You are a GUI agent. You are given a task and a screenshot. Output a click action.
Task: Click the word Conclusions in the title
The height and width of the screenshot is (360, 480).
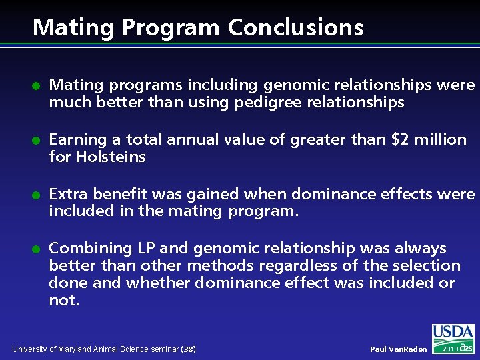pos(295,27)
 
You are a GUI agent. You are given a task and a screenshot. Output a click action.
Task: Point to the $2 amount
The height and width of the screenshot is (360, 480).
pos(401,140)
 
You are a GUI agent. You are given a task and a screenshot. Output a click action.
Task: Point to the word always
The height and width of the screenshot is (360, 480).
pos(421,249)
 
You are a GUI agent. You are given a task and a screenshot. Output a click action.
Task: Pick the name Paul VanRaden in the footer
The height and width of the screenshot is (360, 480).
pos(398,349)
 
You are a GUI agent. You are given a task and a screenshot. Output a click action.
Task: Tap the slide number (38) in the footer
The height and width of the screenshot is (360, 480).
pos(188,349)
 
